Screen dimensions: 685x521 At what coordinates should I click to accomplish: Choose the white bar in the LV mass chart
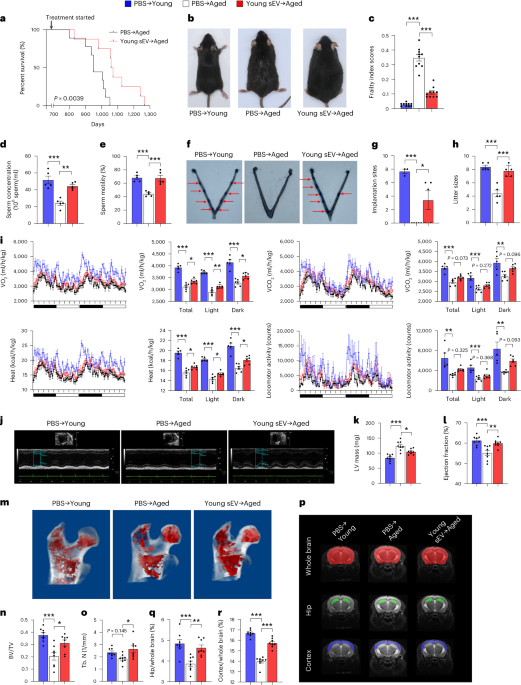(x=399, y=495)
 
